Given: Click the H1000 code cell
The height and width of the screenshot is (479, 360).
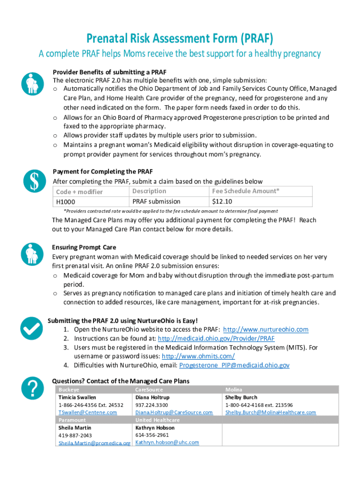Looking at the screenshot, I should tap(66, 202).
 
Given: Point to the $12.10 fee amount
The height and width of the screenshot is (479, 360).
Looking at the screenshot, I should tap(222, 202).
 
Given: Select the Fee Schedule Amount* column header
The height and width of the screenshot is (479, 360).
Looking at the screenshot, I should tap(246, 191).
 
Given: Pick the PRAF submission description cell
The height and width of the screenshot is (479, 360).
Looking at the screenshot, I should tap(156, 202).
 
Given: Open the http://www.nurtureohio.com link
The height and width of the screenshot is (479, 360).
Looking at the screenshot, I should tap(266, 329).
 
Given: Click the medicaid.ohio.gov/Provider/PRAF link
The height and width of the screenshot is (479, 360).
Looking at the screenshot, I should tap(216, 338).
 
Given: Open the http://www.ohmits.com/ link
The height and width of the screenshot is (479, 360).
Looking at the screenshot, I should tap(198, 356).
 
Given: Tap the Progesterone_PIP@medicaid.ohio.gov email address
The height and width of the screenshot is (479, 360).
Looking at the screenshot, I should tap(234, 365).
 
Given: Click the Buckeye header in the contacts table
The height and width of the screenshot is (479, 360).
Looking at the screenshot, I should tap(69, 390).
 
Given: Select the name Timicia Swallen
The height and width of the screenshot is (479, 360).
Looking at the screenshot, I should tap(77, 397).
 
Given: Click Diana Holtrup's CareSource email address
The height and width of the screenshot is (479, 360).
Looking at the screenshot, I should tap(174, 413).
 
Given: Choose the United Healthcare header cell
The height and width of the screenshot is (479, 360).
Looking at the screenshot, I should tap(157, 420).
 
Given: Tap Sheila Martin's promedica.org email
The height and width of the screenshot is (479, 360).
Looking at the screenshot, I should tap(94, 443).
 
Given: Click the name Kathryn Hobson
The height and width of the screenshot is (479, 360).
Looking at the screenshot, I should tap(155, 428).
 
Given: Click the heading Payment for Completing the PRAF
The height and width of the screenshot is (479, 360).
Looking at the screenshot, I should tap(102, 172).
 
